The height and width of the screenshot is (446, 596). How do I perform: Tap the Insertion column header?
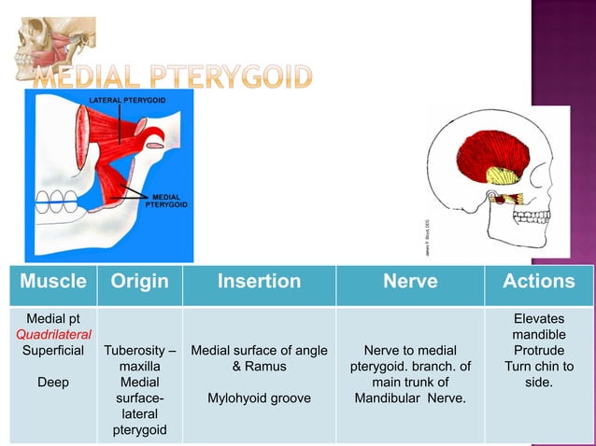(259, 281)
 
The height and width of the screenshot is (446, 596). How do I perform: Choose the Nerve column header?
(410, 281)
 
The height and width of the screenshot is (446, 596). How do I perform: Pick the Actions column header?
(538, 281)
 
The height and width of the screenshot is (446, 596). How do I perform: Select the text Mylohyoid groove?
(259, 398)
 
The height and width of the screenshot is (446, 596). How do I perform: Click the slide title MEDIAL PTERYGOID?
(173, 77)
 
